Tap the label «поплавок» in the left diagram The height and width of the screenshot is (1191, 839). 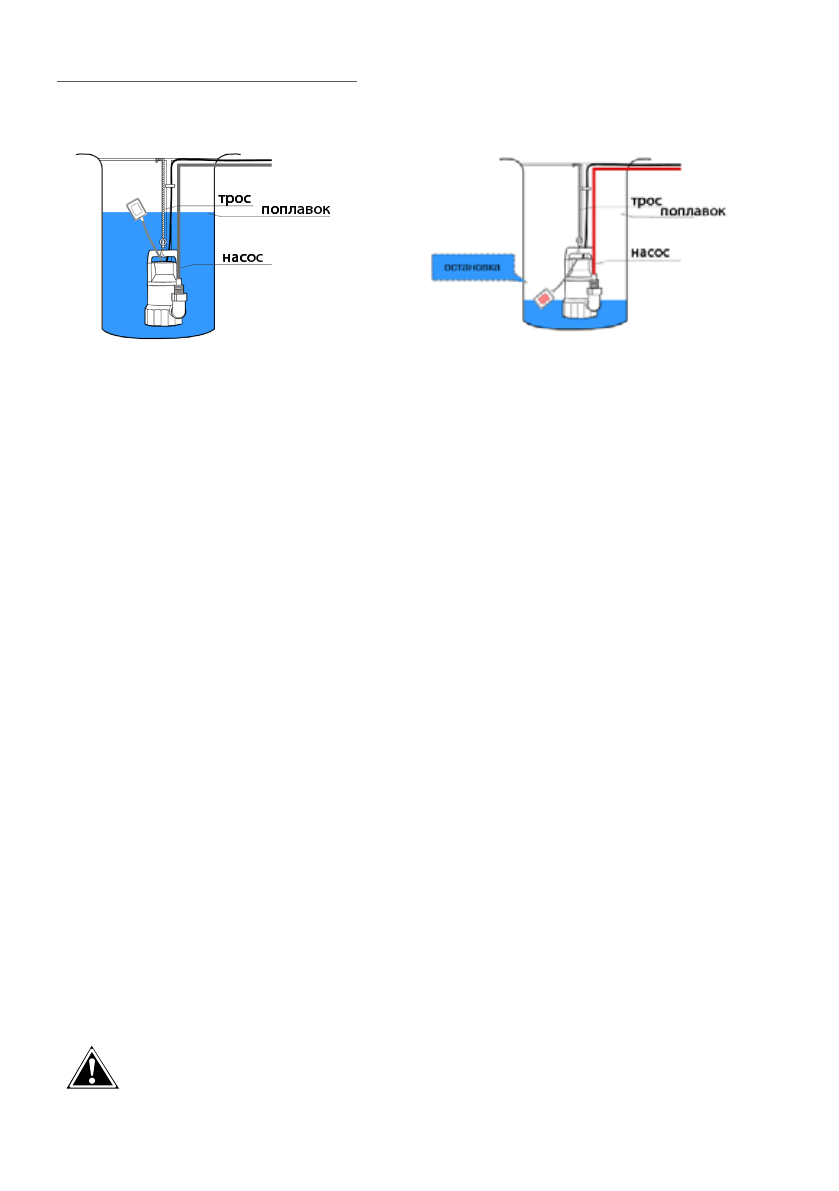click(295, 210)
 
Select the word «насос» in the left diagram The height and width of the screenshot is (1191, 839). click(242, 257)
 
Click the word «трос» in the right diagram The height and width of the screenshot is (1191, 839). click(645, 201)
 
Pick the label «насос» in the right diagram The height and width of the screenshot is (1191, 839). click(650, 253)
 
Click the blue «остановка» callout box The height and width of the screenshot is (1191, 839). click(470, 268)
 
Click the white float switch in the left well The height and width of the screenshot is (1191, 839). click(137, 210)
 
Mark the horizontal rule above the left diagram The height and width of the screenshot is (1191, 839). click(207, 81)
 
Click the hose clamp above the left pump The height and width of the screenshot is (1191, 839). click(171, 186)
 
